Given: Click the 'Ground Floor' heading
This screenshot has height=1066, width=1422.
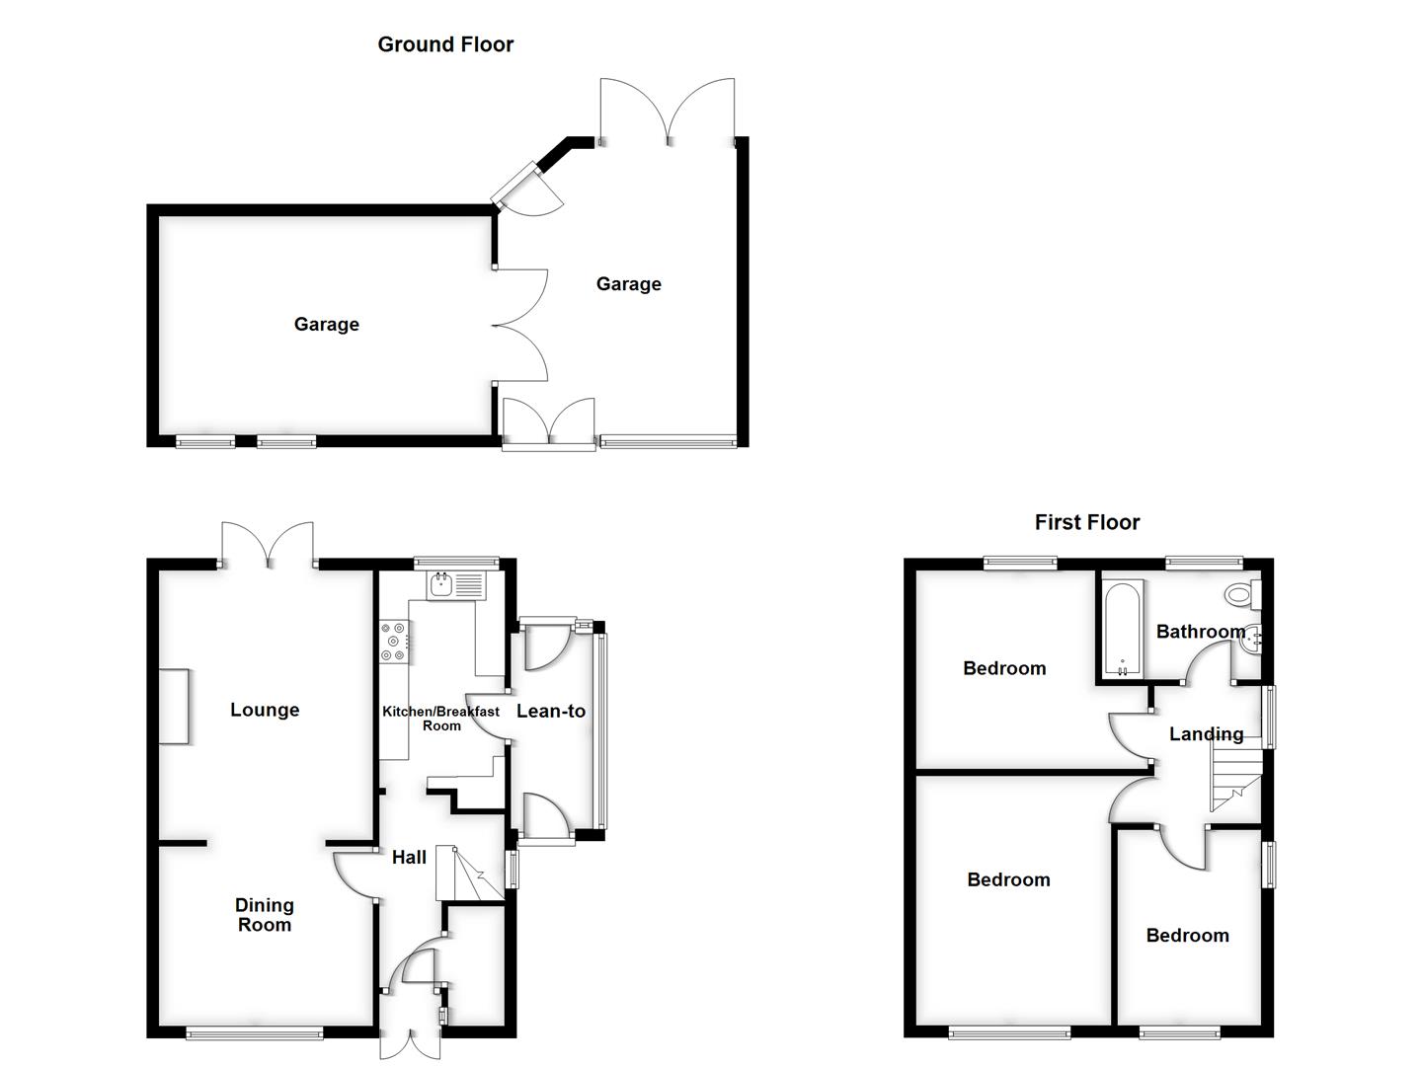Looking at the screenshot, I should (x=445, y=44).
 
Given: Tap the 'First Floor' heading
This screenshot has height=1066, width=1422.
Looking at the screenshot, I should (x=1086, y=522).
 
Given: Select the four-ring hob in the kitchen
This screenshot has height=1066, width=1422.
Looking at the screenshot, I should (x=394, y=641).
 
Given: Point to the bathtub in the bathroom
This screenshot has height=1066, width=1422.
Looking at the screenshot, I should (x=1123, y=630).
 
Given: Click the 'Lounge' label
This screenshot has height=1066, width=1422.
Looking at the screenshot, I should (x=265, y=710).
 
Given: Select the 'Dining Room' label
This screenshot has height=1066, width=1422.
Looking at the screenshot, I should (x=265, y=915).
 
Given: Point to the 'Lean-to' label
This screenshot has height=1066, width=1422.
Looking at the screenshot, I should (x=551, y=711).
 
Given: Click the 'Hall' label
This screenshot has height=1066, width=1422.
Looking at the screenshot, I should (x=409, y=858).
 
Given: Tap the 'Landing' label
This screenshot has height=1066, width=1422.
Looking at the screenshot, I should (x=1206, y=734).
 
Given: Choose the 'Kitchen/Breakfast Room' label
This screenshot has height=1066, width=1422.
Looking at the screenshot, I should (x=440, y=718).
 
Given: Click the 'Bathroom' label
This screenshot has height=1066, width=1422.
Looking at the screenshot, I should (x=1200, y=632).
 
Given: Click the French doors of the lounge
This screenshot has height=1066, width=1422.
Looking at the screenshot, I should (x=268, y=546).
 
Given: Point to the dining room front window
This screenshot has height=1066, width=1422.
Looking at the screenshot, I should (x=255, y=1033).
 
